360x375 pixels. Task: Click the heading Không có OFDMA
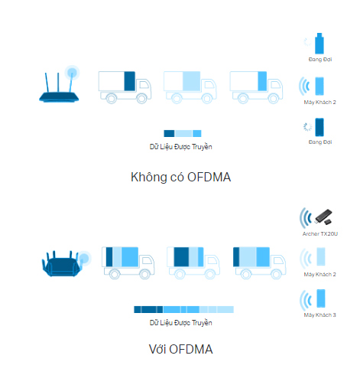point(180,177)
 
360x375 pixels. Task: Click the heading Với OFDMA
point(180,349)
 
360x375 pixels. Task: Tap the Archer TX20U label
point(320,233)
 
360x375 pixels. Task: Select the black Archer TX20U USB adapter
point(323,217)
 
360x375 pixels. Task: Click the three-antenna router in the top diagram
point(59,86)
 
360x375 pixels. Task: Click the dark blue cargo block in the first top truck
point(130,81)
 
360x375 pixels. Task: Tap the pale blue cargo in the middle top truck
point(191,81)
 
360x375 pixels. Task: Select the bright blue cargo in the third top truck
point(262,81)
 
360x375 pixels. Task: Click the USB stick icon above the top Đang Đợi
point(319,44)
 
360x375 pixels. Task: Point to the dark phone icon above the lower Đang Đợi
point(319,127)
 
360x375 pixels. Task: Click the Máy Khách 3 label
point(319,315)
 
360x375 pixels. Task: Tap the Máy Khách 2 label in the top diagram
point(319,102)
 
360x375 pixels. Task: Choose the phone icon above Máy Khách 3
point(321,298)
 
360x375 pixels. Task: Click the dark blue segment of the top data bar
point(169,133)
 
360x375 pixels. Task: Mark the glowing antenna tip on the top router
point(72,73)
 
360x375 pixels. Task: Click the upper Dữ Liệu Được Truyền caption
point(180,147)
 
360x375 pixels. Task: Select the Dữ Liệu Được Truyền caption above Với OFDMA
point(180,323)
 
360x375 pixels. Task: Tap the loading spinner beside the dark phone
point(307,127)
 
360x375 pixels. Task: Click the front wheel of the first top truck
point(141,99)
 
